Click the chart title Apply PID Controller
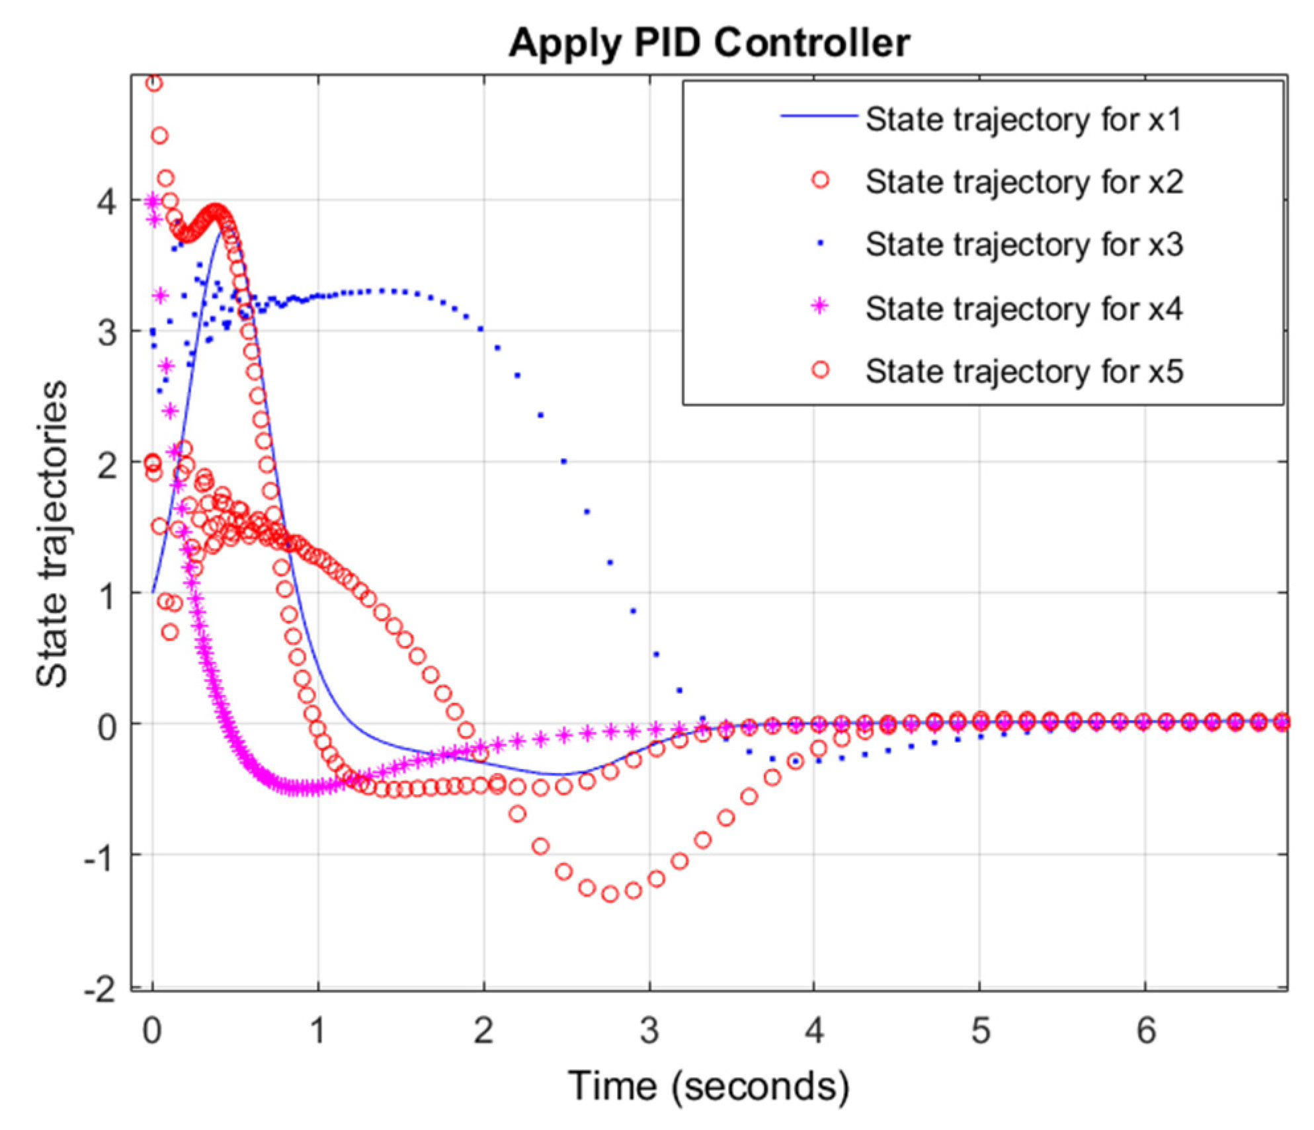710,44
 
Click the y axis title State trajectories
53,534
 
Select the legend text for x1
1024,120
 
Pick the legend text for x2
1024,182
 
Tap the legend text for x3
1024,245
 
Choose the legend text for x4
1024,308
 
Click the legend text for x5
1024,371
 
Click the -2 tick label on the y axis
99,990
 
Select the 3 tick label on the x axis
649,1030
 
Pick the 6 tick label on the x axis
1146,1030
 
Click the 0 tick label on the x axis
152,1030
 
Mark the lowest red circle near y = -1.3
610,894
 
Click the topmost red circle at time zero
153,83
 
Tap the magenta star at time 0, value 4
153,200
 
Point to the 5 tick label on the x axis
981,1030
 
